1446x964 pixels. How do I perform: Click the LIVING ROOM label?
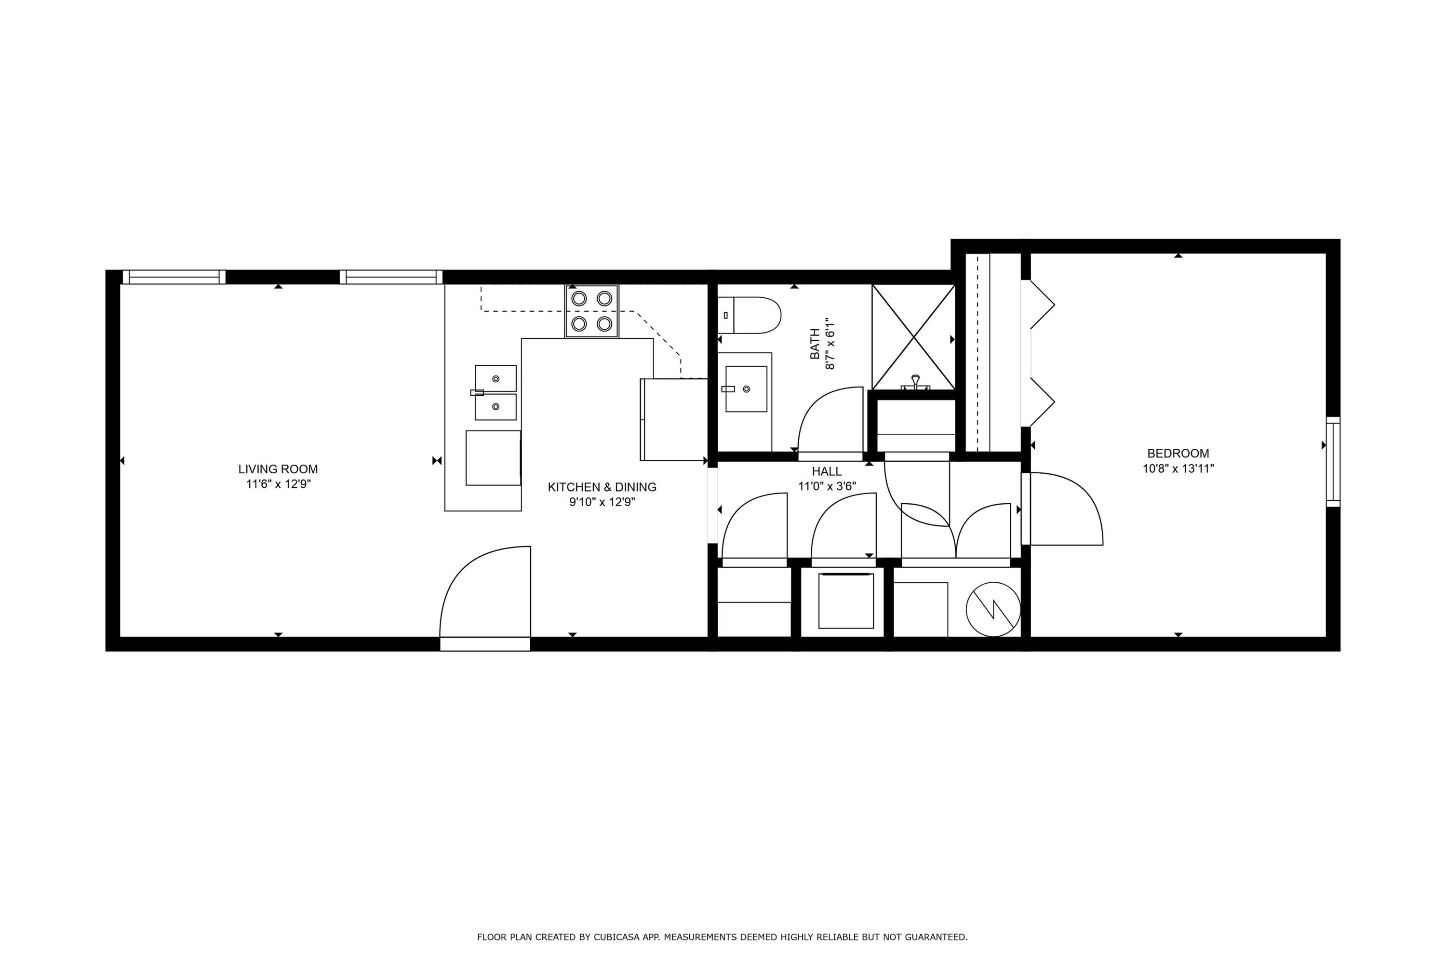point(278,469)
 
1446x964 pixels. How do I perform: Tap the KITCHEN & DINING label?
point(602,487)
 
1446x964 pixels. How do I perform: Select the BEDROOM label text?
point(1178,453)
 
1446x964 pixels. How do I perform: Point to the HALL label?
point(826,471)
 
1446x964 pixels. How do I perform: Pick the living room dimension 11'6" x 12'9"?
point(279,484)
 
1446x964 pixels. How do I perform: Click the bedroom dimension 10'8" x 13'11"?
point(1178,469)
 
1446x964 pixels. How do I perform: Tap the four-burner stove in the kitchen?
point(591,311)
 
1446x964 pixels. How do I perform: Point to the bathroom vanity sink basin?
point(746,388)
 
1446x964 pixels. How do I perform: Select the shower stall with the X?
point(913,337)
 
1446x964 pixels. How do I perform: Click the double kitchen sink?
point(495,392)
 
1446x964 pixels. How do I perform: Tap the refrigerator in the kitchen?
point(674,419)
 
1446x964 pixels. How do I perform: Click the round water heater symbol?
point(993,609)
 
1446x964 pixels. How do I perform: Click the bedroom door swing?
point(1064,509)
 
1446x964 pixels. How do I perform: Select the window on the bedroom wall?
point(1332,462)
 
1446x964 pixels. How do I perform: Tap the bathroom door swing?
point(830,421)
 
